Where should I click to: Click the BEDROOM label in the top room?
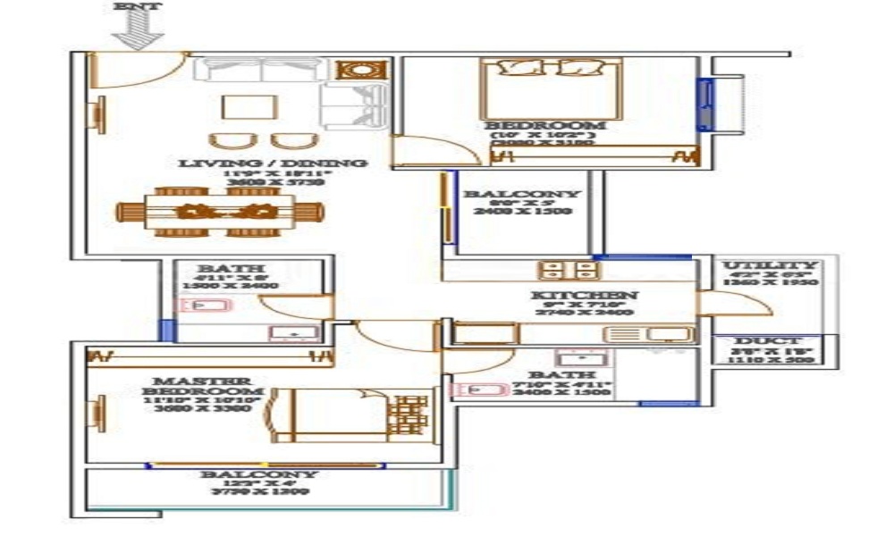(544, 126)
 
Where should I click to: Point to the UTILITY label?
(770, 266)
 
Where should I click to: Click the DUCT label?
(768, 341)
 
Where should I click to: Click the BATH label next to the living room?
(218, 269)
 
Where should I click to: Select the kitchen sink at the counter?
(648, 334)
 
